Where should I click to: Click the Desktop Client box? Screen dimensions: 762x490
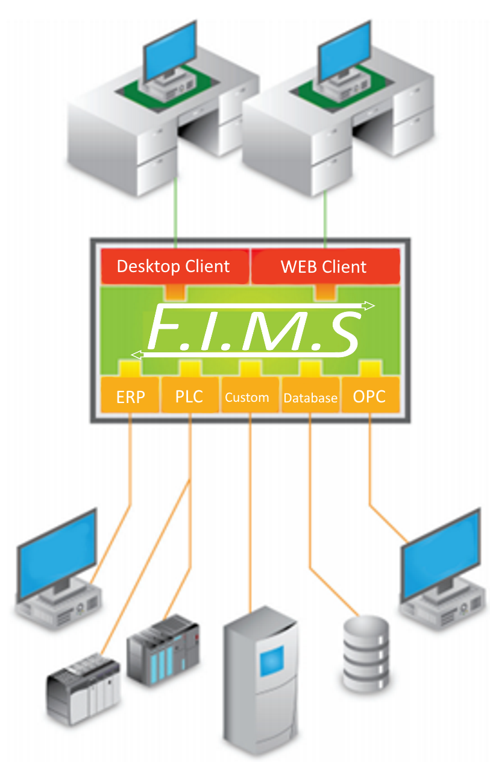tap(174, 266)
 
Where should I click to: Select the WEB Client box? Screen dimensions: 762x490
tap(324, 266)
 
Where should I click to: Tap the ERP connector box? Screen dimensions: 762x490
tap(130, 396)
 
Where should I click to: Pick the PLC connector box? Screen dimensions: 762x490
tap(189, 396)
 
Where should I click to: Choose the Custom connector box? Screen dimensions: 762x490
tap(247, 397)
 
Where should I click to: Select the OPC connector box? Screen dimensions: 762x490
tap(369, 396)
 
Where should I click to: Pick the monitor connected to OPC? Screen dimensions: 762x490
tap(440, 552)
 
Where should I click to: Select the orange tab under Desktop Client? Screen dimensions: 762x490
tap(175, 291)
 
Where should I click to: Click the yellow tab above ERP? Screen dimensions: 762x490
tap(130, 367)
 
